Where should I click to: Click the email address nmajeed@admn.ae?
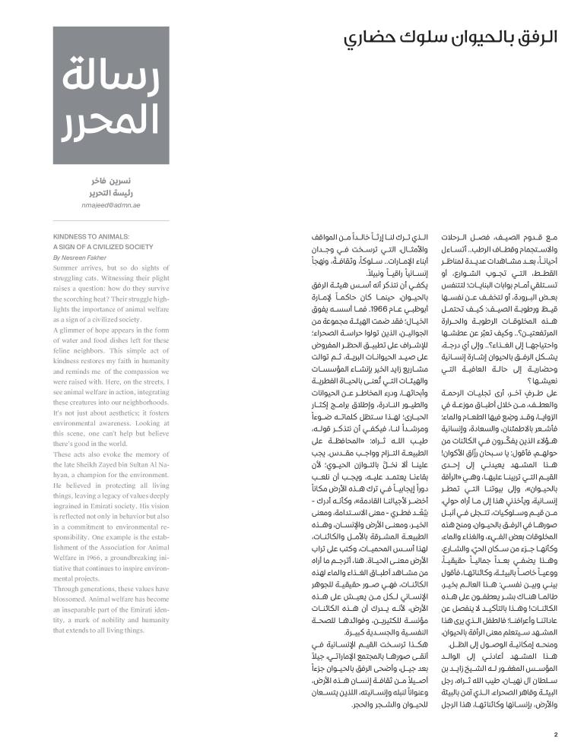[x=110, y=205]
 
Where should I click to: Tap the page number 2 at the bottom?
[x=556, y=734]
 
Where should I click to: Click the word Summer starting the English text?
[x=65, y=268]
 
